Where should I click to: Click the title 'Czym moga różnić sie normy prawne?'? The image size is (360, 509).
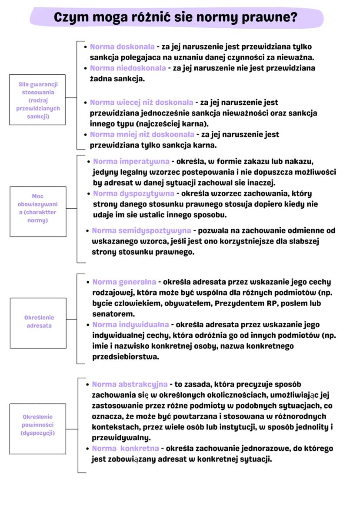point(176,17)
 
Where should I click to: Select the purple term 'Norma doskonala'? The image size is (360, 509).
point(122,47)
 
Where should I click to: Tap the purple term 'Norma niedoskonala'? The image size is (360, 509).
point(127,68)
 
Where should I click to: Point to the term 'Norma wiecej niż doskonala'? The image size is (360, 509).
point(141,103)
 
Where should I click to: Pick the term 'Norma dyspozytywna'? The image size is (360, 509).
point(133,193)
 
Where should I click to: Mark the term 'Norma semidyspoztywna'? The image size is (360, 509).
point(141,230)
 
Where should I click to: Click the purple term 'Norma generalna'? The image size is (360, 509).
point(124,282)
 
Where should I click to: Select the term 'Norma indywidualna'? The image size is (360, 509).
point(130,325)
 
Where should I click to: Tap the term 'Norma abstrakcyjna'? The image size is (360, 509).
point(130,384)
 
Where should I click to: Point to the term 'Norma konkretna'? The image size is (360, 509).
point(125,448)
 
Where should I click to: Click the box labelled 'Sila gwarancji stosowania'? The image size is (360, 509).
point(37,100)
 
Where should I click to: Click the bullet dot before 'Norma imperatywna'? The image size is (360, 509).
point(89,162)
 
